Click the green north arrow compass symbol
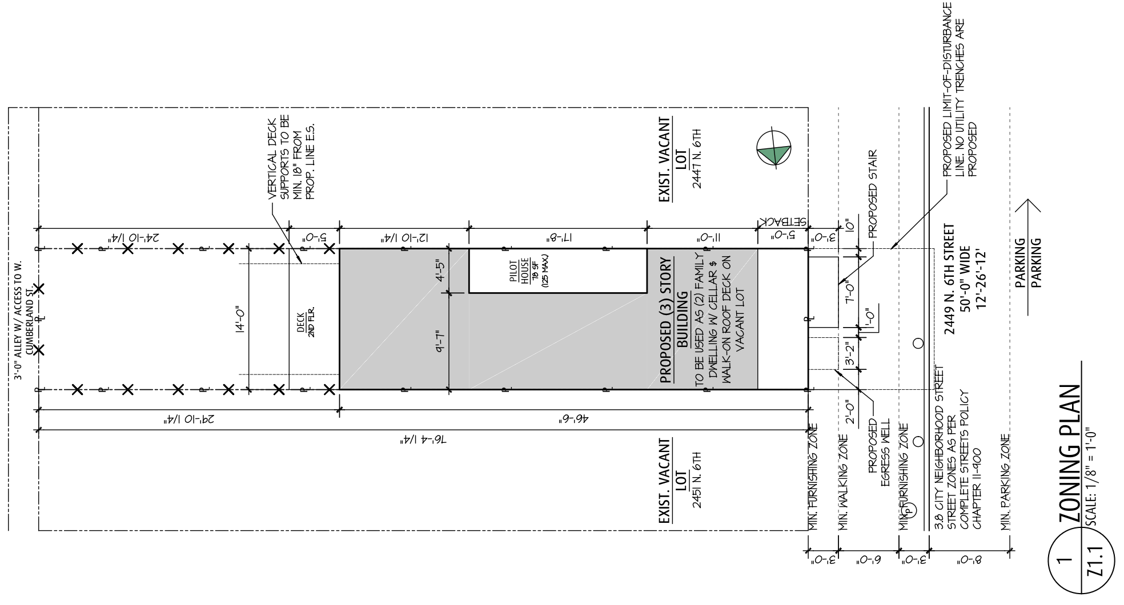click(774, 150)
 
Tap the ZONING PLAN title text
click(1069, 454)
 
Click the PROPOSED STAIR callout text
click(872, 194)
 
